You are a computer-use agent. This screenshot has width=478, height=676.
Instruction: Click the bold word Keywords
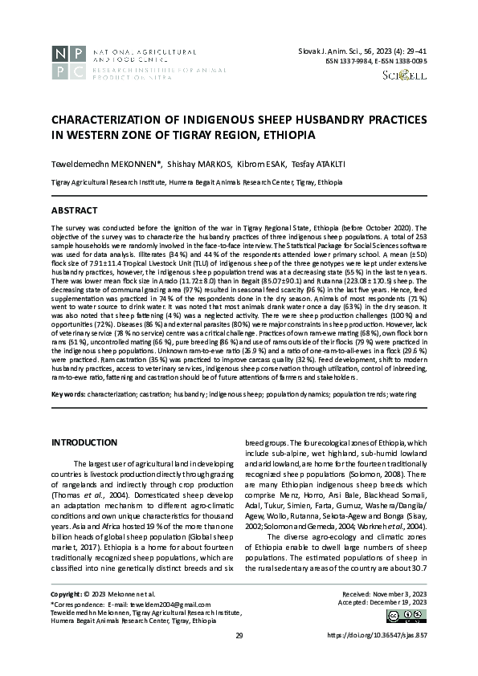(68, 394)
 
